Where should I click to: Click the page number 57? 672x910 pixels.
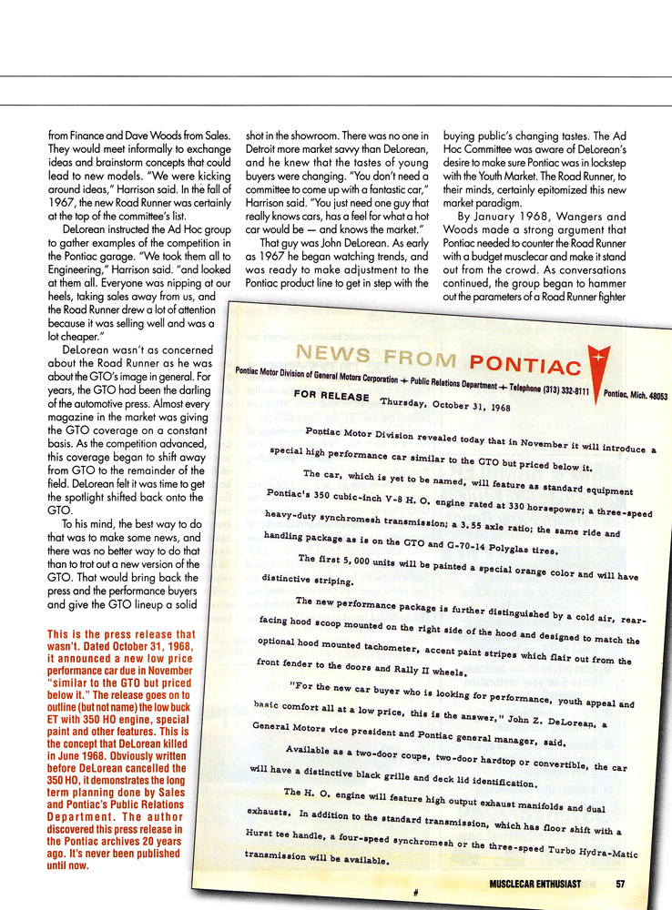619,883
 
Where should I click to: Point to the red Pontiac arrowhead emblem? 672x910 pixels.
598,359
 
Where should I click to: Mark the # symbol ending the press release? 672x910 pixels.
415,892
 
